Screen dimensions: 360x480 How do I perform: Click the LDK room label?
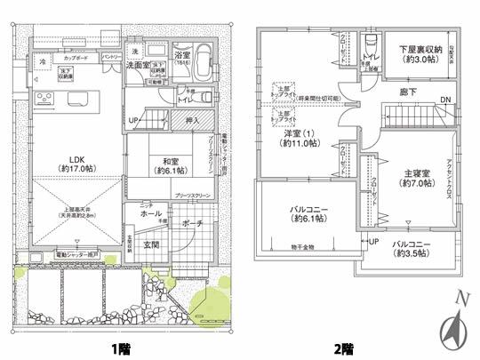(77, 159)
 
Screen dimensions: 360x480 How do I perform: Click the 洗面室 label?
(136, 65)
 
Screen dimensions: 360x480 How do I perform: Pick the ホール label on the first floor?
(151, 214)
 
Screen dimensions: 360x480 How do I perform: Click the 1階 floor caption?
(119, 347)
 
